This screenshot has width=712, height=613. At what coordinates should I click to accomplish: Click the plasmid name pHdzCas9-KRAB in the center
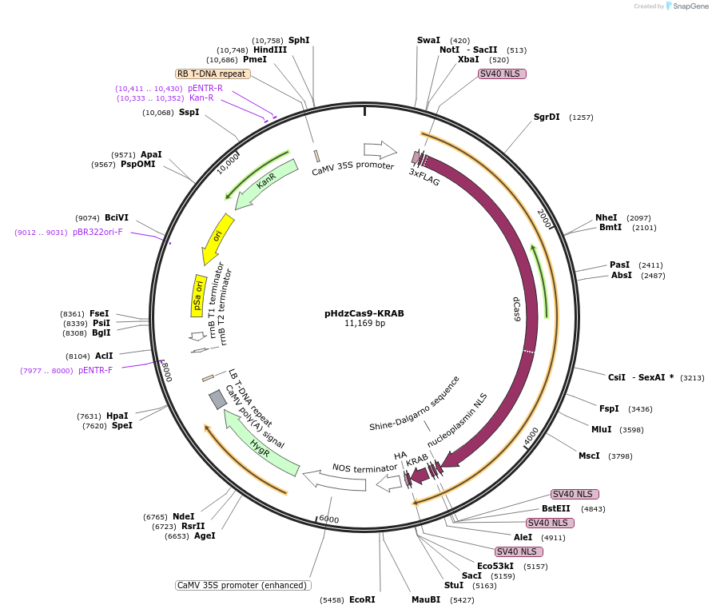point(364,313)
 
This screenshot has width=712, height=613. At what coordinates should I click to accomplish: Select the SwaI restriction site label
point(428,40)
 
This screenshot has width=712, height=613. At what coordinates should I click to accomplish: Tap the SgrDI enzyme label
point(547,117)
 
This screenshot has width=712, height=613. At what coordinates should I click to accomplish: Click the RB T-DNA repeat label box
point(213,74)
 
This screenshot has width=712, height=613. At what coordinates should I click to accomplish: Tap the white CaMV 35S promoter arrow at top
point(380,149)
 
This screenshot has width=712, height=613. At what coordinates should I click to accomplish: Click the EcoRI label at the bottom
point(362,599)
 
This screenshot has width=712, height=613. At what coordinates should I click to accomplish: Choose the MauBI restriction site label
point(426,599)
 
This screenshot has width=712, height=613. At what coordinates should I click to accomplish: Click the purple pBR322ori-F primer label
point(97,232)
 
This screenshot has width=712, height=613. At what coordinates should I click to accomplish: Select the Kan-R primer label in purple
point(201,98)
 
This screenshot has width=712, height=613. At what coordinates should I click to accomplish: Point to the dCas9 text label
point(517,308)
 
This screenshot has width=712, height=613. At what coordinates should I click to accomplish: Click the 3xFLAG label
point(424,177)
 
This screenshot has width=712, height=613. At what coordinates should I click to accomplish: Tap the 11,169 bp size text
point(364,324)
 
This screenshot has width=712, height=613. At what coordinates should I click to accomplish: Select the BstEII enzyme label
point(556,508)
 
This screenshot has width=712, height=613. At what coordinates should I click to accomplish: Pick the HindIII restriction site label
point(270,50)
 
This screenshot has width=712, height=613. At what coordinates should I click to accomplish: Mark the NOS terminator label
point(364,468)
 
